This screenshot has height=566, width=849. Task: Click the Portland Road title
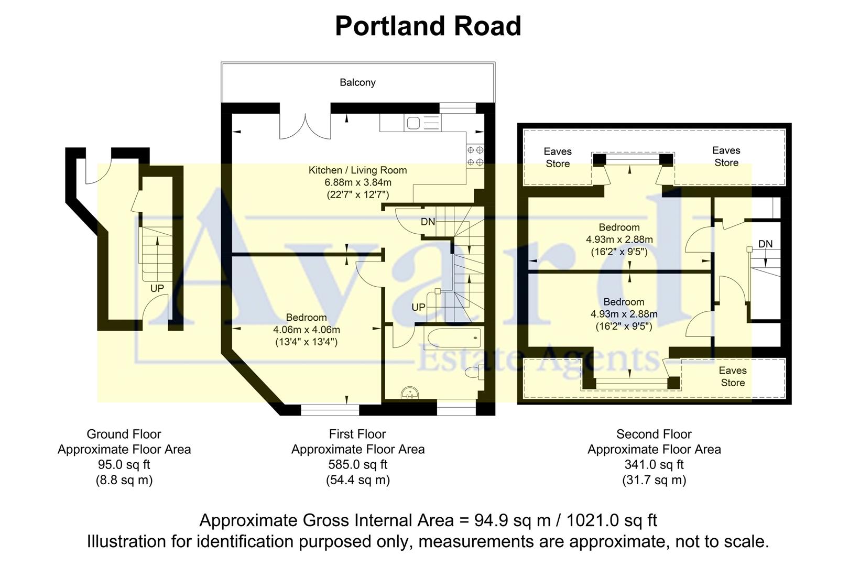(x=428, y=26)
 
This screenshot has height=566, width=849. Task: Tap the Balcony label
(x=357, y=82)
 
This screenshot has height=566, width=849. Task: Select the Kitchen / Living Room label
(x=357, y=170)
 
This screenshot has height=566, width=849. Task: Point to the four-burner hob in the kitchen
(x=475, y=156)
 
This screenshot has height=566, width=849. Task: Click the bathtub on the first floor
(x=454, y=338)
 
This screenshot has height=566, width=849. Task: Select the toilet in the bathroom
(x=473, y=373)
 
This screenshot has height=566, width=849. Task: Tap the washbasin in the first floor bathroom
(x=409, y=393)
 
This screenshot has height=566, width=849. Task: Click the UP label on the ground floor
(x=157, y=288)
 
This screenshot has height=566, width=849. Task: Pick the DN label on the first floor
(x=428, y=222)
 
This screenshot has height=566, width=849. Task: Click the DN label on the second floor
(x=765, y=244)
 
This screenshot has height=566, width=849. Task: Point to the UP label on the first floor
(x=418, y=307)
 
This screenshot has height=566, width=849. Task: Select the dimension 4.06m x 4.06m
(x=306, y=330)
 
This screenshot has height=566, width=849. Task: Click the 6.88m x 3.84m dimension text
(x=357, y=182)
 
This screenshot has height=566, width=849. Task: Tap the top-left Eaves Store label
(x=558, y=157)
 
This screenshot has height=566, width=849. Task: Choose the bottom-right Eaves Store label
(x=733, y=376)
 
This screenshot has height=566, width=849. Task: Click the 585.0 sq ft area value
(x=357, y=464)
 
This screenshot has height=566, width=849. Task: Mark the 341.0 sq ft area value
(x=654, y=464)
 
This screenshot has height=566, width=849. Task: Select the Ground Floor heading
(x=124, y=434)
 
